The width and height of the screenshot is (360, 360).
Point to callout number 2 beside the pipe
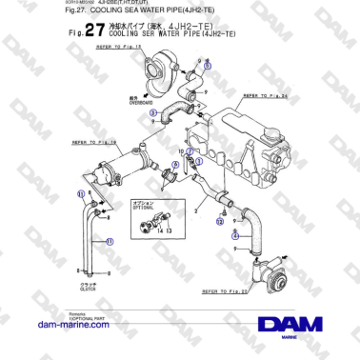click(x=195, y=205)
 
